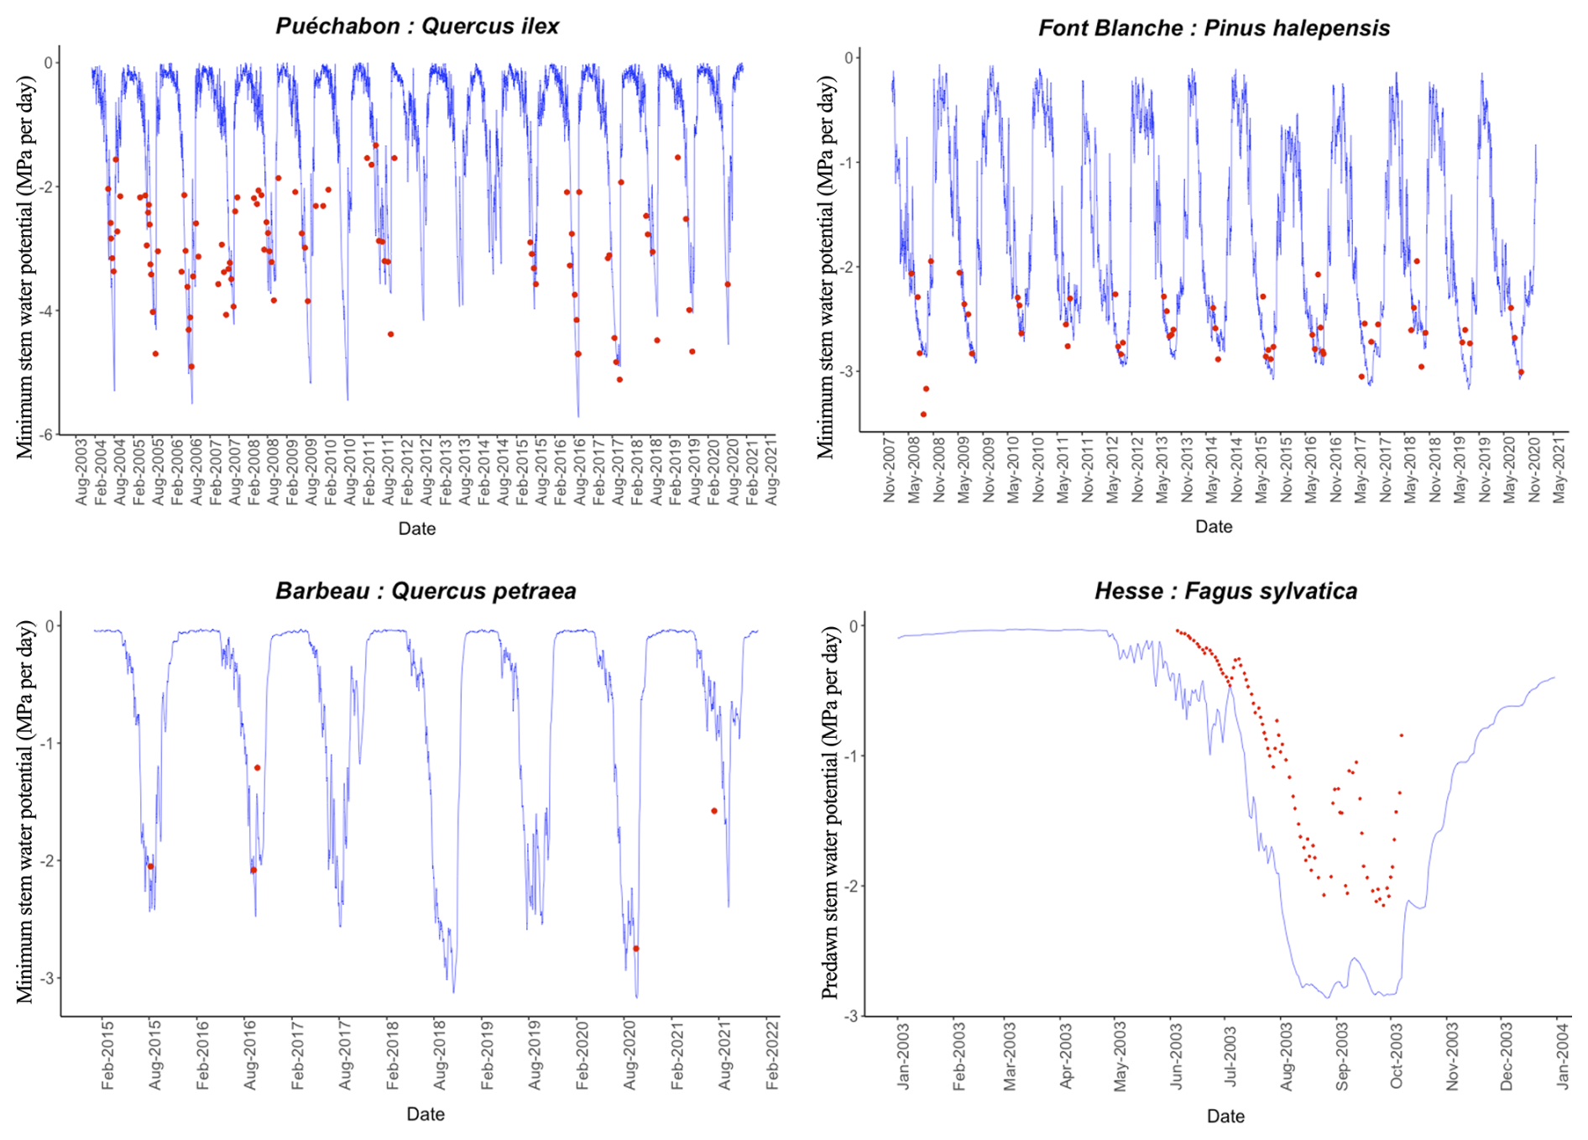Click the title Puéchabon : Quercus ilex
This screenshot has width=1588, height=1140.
(417, 26)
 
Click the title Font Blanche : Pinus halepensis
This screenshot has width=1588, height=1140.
(1214, 28)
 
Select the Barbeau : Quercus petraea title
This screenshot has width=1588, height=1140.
(426, 591)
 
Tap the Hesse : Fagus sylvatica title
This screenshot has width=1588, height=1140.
(1225, 591)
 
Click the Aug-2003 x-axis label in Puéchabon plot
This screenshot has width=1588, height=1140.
(81, 482)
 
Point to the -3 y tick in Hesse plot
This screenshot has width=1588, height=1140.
(853, 1016)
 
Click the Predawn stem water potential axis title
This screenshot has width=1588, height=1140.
(830, 813)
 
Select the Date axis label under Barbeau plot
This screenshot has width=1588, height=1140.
(426, 1114)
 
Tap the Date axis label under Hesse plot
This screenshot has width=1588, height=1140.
(1225, 1116)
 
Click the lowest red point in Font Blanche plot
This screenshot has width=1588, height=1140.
(923, 414)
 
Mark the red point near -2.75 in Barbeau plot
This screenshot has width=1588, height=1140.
(635, 949)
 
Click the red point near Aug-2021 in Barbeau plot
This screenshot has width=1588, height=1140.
(714, 811)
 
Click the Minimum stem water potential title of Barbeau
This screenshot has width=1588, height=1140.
(25, 813)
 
